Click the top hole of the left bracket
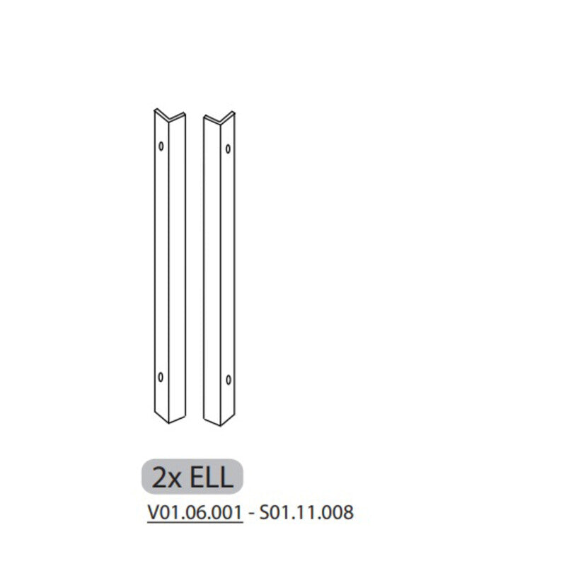coord(162,146)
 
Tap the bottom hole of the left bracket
coord(162,375)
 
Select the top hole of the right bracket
coord(227,149)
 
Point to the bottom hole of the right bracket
coord(227,378)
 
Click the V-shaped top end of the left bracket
coord(170,115)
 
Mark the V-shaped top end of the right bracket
coord(219,118)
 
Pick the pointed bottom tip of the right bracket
coord(220,425)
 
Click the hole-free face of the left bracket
coord(176,269)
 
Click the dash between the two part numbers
coord(252,512)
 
